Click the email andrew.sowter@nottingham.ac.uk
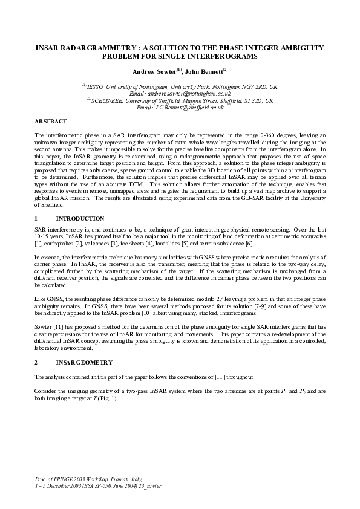(180, 94)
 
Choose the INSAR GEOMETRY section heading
(80, 362)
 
